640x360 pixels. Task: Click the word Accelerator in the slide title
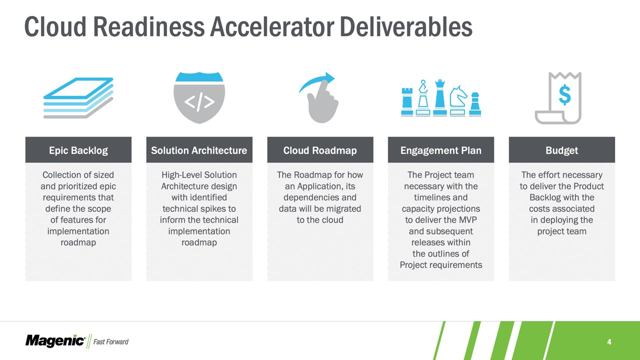click(x=271, y=26)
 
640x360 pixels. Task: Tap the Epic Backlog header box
click(x=78, y=149)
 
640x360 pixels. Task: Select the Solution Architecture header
click(x=199, y=149)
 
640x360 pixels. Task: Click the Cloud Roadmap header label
click(x=320, y=150)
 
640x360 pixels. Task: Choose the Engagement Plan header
click(x=441, y=149)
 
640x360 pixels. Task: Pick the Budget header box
click(x=561, y=149)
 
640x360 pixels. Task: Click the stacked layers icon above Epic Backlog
click(x=78, y=97)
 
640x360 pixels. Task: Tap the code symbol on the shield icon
click(x=199, y=102)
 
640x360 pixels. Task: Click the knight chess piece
click(x=457, y=100)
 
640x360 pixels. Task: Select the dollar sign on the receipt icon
click(x=565, y=95)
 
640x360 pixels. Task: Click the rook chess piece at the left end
click(x=407, y=101)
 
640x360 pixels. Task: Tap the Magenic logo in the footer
click(x=55, y=341)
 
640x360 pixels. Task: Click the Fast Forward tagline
click(x=111, y=341)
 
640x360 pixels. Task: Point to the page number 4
click(x=609, y=341)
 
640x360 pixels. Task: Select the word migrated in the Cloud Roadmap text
click(x=343, y=209)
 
